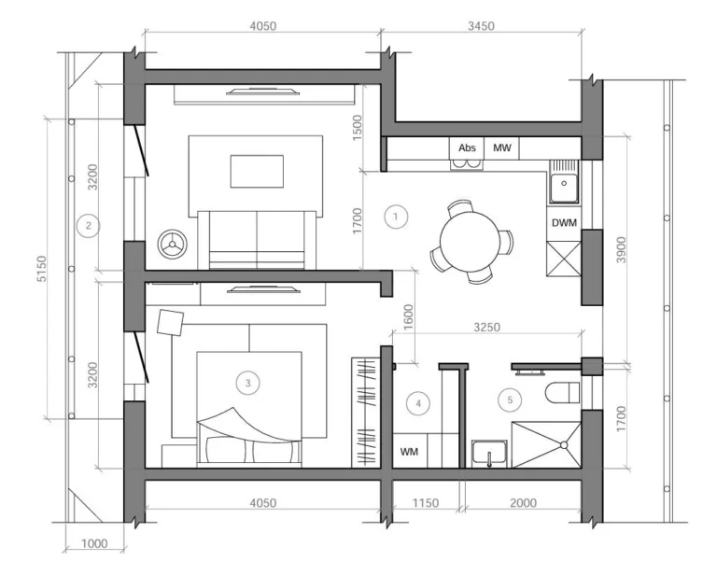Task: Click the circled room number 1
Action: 396,217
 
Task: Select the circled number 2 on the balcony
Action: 89,225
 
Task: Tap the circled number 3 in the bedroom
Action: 247,383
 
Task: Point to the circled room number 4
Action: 418,403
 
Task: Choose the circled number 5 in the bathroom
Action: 510,400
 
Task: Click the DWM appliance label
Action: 564,223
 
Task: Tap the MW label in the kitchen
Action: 501,147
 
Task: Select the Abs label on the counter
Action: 467,147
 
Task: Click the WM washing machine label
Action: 409,452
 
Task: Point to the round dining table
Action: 470,241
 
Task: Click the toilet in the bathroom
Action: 562,393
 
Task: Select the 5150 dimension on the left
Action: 42,269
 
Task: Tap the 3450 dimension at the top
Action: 481,26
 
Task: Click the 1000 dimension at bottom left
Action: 94,543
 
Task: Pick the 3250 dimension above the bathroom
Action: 486,328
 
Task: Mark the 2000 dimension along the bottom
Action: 523,503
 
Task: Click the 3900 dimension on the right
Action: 621,249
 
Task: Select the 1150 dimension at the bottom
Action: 426,503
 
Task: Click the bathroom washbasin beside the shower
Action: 489,454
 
